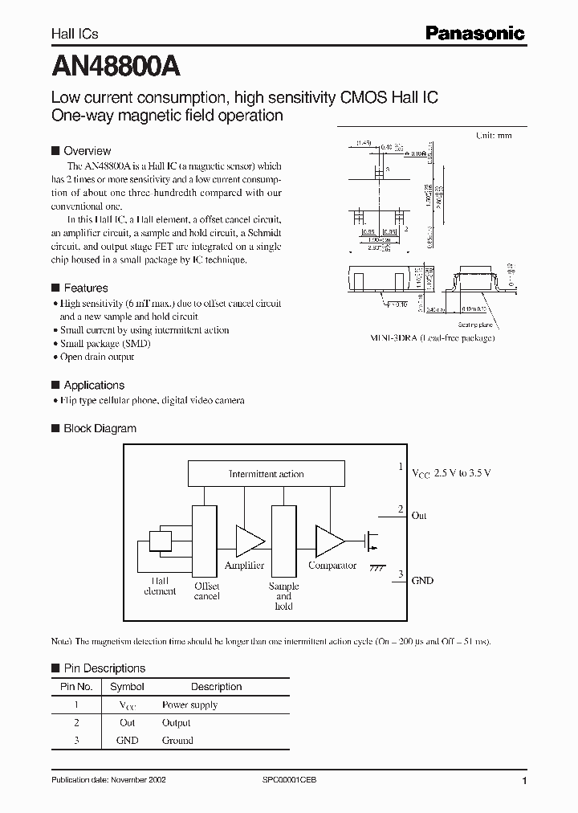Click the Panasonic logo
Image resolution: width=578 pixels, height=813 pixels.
tap(474, 33)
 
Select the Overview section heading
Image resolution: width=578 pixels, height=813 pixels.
tap(87, 150)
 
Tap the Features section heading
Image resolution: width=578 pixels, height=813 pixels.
tap(85, 288)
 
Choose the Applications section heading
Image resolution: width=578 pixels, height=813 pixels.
tap(94, 385)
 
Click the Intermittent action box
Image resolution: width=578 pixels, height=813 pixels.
tap(266, 474)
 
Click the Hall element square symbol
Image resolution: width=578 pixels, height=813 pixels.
tap(161, 542)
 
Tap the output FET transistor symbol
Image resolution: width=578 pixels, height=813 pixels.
tap(371, 541)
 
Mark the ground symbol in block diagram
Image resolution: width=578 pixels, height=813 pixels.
tap(376, 567)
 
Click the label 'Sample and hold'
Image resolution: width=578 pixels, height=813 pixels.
tap(283, 596)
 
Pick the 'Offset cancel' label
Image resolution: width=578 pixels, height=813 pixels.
tap(206, 591)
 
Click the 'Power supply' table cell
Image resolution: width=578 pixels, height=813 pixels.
tap(189, 705)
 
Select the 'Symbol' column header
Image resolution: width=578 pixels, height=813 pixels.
tap(127, 687)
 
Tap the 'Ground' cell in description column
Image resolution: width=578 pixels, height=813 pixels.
tap(177, 740)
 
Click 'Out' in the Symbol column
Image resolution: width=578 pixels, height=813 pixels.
tap(127, 722)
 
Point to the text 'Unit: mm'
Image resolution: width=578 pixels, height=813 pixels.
tap(494, 136)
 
